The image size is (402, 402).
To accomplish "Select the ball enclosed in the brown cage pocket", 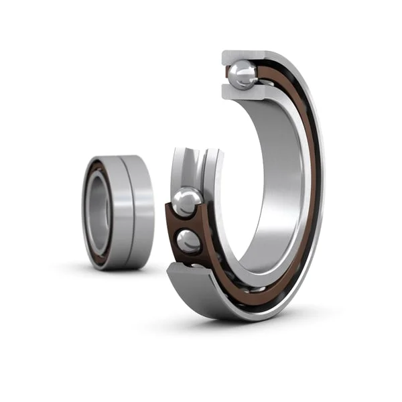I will (x=189, y=241).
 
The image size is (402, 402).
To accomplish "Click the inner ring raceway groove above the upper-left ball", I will (x=188, y=167).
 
